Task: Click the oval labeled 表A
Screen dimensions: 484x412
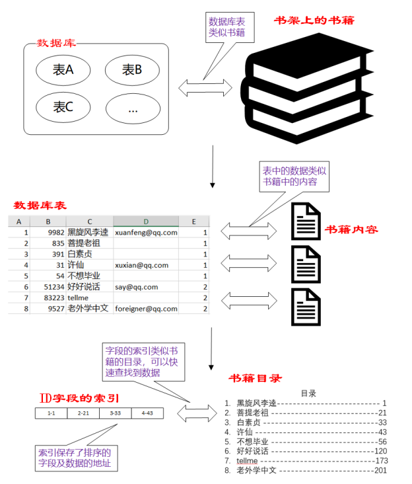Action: [63, 69]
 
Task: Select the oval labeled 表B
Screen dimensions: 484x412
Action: [132, 69]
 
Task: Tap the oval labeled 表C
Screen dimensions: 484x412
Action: [63, 106]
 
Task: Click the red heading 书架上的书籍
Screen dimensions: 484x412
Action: [314, 21]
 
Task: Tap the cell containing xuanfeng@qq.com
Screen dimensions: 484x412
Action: [146, 233]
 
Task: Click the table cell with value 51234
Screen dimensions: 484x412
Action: [51, 287]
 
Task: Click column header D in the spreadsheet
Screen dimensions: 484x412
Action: [146, 222]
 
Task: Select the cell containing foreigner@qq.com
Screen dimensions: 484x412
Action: [146, 308]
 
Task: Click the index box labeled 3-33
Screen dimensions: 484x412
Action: [115, 413]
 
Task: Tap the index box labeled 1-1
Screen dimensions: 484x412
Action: [51, 413]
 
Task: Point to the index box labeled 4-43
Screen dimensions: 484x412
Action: [147, 413]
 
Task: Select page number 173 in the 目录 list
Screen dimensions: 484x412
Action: [381, 460]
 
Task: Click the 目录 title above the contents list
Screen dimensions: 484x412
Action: [308, 393]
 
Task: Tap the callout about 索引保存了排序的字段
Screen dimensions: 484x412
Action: [75, 458]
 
